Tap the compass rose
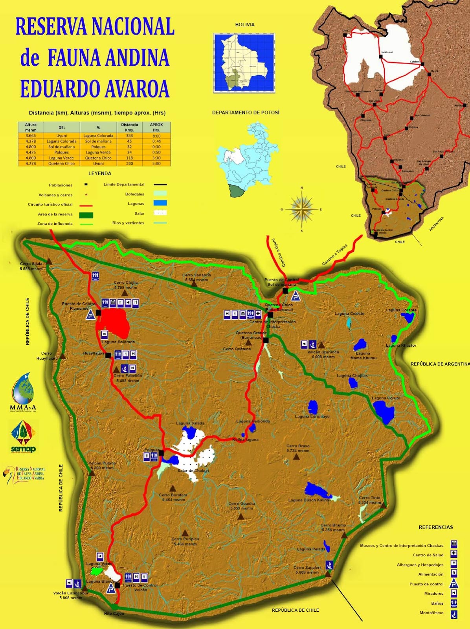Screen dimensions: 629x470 tap(302, 209)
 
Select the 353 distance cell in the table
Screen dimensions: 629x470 tap(129, 136)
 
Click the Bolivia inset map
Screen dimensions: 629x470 tap(244, 63)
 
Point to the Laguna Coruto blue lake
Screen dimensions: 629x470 tap(384, 412)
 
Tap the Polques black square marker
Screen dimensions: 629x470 tap(161, 453)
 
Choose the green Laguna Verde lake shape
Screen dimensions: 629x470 tap(95, 570)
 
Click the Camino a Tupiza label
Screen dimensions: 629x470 tap(335, 255)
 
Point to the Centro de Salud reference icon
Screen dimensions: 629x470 tap(454, 554)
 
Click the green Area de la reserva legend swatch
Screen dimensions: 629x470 tap(86, 215)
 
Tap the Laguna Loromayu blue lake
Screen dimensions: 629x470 tap(313, 406)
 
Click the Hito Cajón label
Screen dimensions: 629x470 tap(114, 614)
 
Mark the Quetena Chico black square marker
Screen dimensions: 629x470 tap(270, 314)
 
